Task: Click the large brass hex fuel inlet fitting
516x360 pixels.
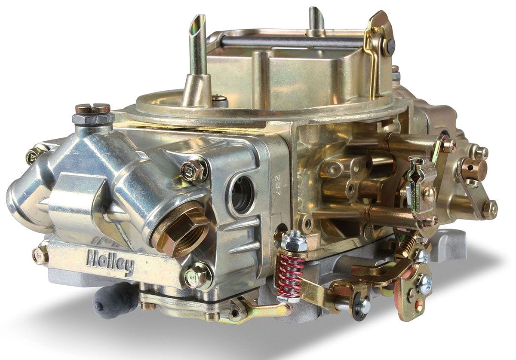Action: click(x=181, y=230)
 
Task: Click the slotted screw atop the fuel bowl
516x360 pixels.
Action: click(x=92, y=108)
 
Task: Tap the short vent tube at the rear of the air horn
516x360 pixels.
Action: click(x=316, y=19)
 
